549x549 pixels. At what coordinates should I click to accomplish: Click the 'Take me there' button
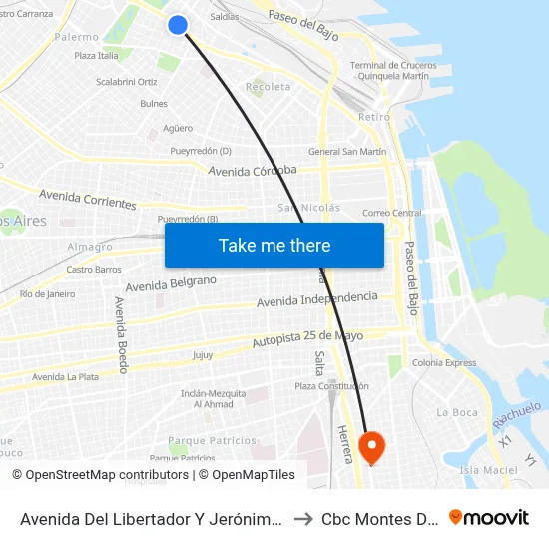pos(274,245)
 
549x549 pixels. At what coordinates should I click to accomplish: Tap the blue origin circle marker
pos(178,25)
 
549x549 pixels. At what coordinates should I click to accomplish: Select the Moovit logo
pos(489,517)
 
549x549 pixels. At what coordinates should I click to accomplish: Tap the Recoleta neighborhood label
pos(270,87)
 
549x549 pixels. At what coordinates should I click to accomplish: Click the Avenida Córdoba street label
pos(253,170)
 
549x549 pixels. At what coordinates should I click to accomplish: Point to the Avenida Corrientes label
pos(87,200)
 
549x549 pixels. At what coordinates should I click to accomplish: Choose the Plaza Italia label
pos(96,56)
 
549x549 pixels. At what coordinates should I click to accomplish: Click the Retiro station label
pos(374,117)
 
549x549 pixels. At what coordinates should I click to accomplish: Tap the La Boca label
pos(457,412)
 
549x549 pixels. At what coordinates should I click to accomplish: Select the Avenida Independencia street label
pos(317,299)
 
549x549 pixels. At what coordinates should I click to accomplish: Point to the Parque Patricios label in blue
pos(212,440)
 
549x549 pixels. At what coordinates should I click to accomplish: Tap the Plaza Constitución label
pos(331,386)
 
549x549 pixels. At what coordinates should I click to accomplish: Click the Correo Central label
pos(392,213)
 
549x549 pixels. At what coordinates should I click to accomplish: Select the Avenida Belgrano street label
pos(171,284)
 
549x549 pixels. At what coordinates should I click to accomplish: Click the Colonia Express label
pos(444,363)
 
